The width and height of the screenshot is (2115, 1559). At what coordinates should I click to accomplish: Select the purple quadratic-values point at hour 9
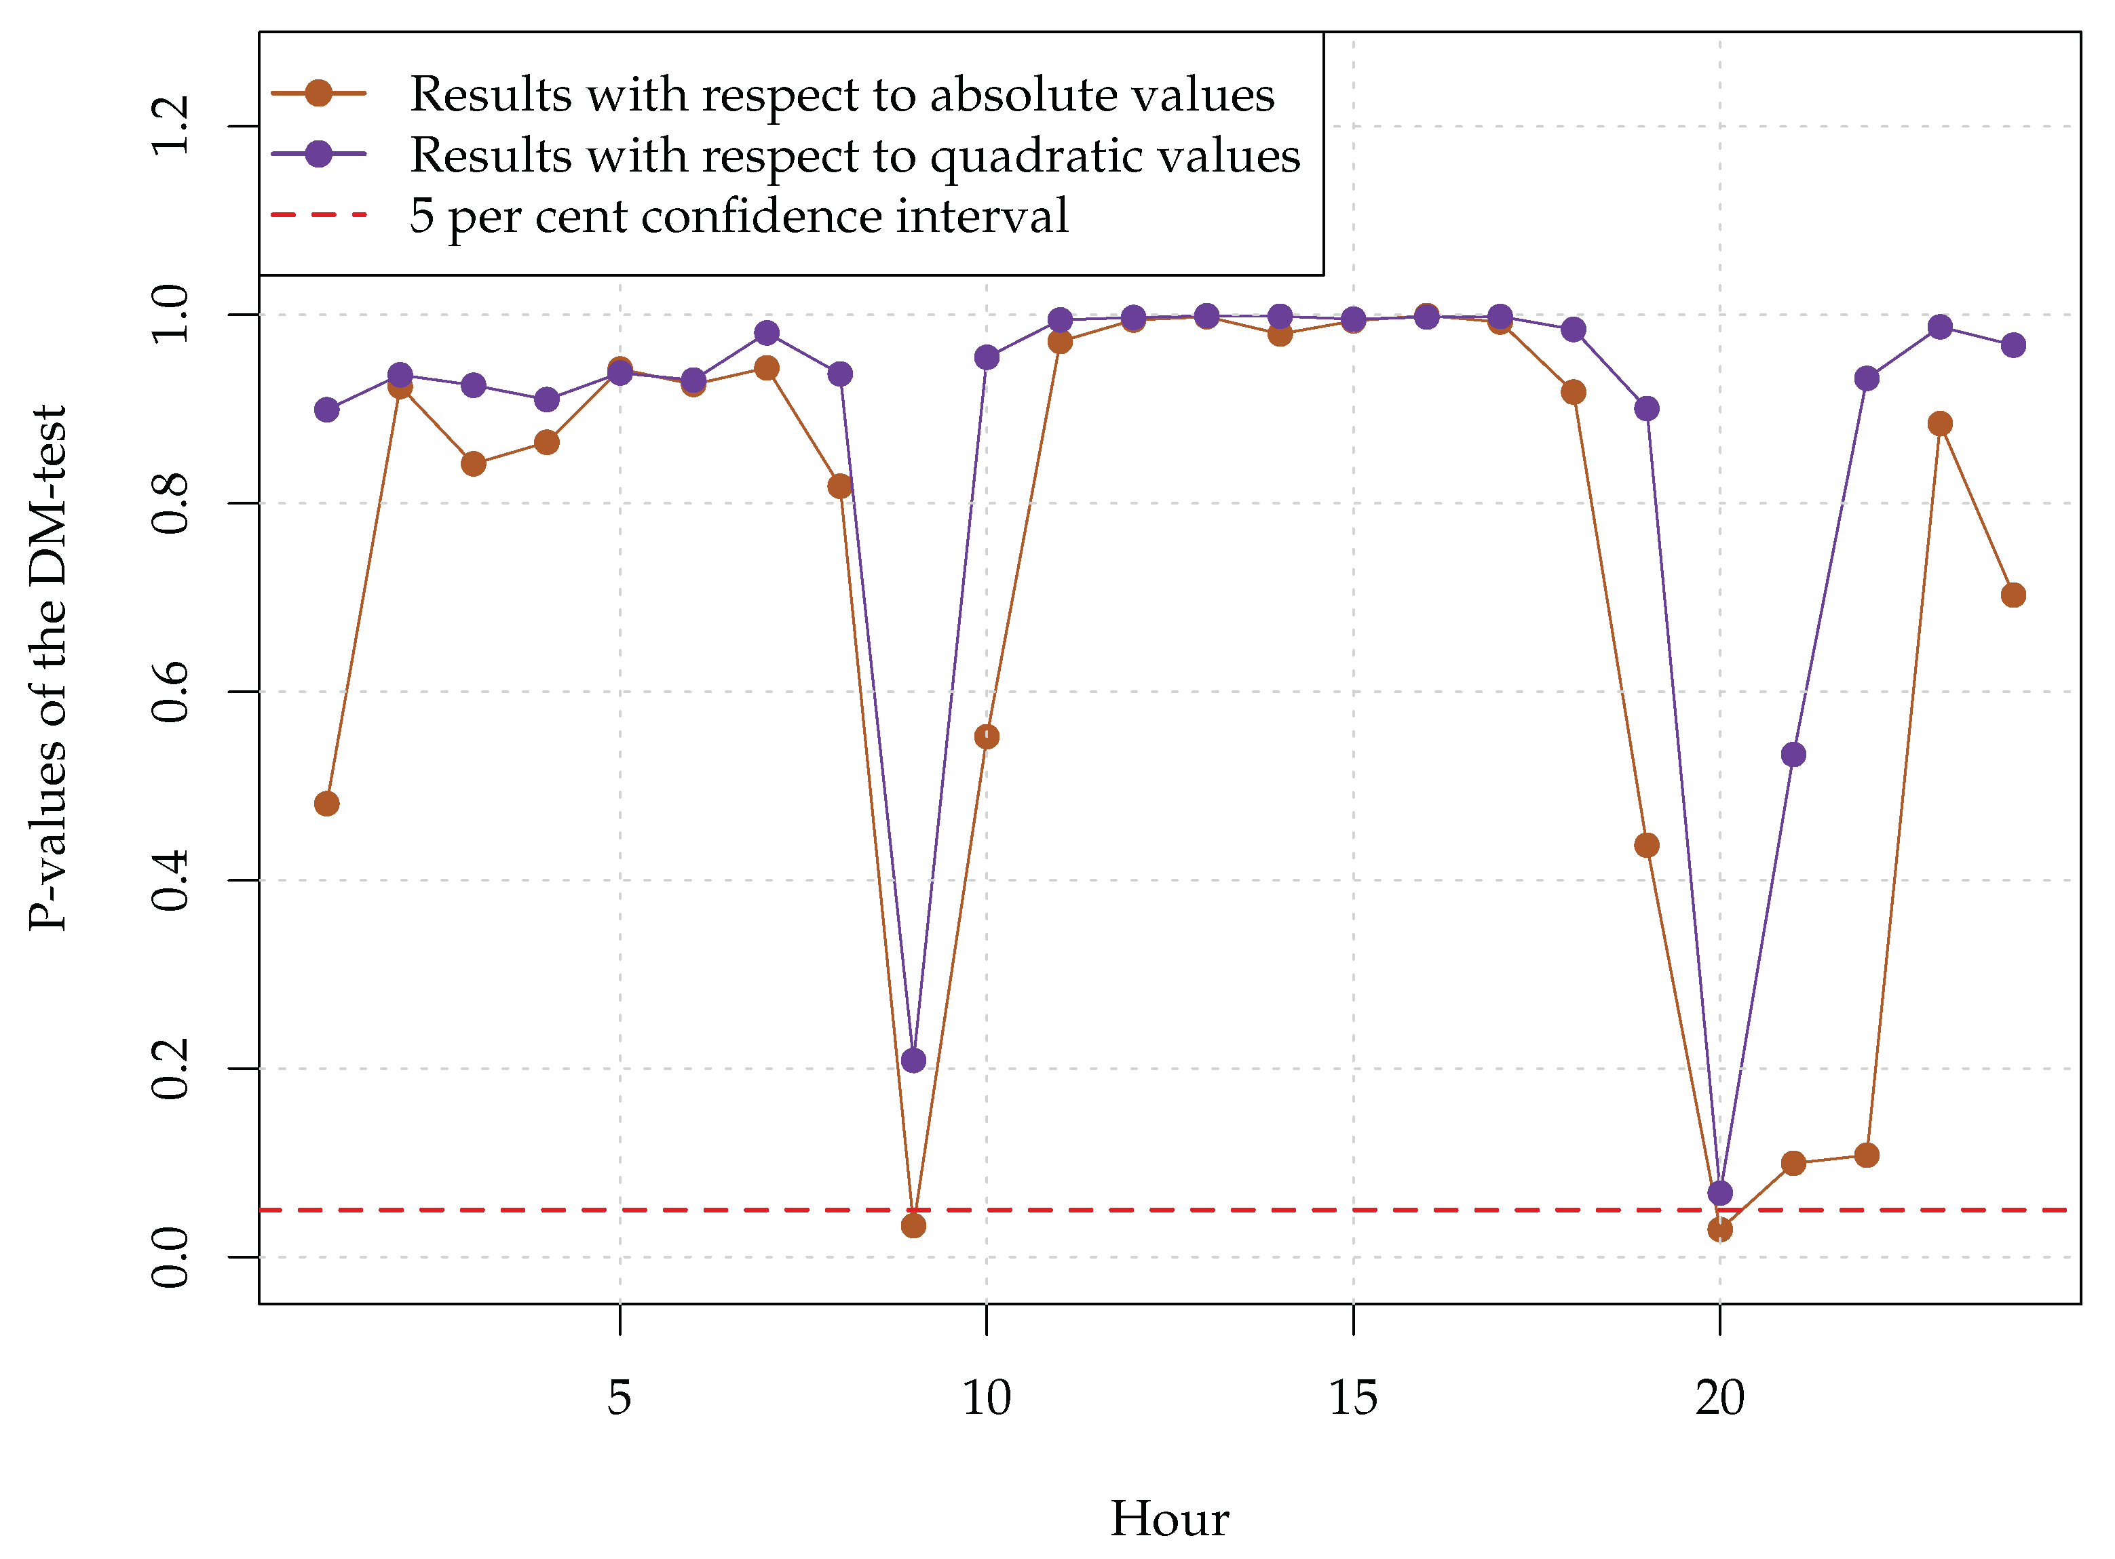[913, 1061]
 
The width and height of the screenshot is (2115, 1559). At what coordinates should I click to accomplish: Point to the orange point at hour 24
[2013, 595]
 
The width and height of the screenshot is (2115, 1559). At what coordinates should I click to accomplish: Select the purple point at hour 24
[2013, 345]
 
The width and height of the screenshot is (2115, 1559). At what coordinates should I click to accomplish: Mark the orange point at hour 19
[1647, 846]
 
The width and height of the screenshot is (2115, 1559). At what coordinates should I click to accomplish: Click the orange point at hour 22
[1867, 1155]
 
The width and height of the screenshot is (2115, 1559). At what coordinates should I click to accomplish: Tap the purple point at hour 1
[326, 410]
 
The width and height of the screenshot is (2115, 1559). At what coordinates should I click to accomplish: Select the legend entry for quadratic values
[854, 155]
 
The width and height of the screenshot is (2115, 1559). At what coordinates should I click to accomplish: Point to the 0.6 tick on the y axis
[170, 692]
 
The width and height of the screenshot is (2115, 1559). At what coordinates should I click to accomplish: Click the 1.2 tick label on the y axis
[170, 125]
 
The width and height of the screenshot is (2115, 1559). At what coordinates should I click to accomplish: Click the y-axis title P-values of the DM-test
[47, 668]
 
